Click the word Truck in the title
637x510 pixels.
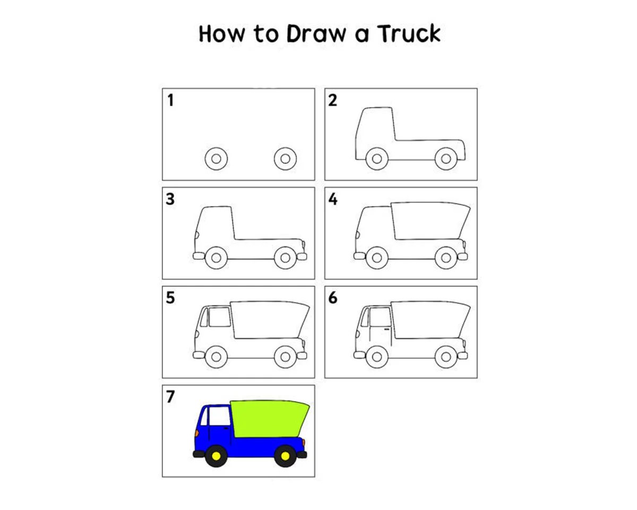tap(409, 33)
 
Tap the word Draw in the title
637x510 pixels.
tap(316, 33)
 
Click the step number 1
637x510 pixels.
tap(170, 100)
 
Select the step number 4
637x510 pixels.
tap(333, 199)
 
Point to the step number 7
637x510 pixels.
tap(170, 396)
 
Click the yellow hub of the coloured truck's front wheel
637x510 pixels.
tap(217, 456)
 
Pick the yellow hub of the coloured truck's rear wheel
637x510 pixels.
tap(286, 456)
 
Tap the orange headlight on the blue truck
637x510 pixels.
tap(197, 433)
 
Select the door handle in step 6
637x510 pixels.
tap(387, 329)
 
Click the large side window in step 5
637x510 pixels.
tap(220, 317)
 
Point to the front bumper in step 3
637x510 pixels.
tap(199, 256)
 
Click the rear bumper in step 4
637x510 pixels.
tap(463, 257)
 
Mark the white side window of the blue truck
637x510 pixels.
tap(220, 416)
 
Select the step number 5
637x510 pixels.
tap(170, 298)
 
